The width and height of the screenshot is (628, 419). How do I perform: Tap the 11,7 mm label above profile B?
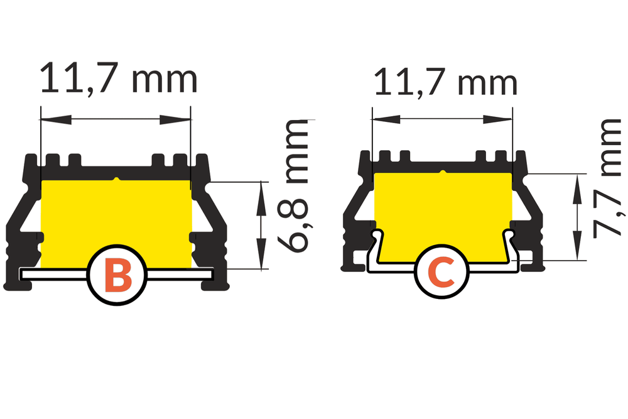coord(119,80)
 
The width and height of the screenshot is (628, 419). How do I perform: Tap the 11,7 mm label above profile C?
coord(445,82)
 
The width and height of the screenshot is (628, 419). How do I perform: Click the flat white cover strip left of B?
coord(53,275)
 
